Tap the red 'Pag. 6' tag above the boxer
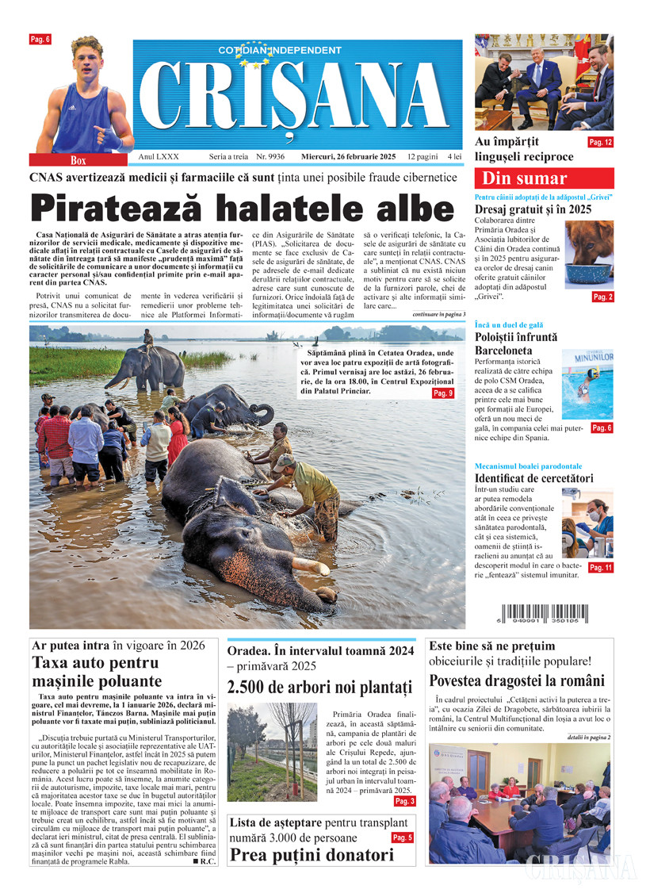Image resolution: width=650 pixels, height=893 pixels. click(x=40, y=39)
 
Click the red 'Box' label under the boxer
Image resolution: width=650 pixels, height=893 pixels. click(x=78, y=160)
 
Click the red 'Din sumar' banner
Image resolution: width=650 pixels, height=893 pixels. click(x=544, y=178)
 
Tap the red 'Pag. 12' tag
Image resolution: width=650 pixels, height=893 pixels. click(x=599, y=143)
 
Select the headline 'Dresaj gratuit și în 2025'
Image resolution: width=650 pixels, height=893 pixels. click(x=533, y=209)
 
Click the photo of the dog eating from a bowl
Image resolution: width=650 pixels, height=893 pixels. click(x=588, y=254)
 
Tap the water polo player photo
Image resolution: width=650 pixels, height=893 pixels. click(x=587, y=385)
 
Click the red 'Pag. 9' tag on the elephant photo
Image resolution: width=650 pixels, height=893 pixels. click(x=442, y=393)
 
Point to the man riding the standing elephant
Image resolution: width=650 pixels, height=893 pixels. click(x=148, y=338)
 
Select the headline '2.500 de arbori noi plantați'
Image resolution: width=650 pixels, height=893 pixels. click(x=320, y=687)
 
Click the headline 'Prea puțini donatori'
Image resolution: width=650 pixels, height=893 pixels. click(x=312, y=855)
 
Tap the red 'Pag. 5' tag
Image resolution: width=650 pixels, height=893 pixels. click(x=402, y=837)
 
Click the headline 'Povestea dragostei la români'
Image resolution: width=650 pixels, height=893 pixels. click(x=517, y=680)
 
